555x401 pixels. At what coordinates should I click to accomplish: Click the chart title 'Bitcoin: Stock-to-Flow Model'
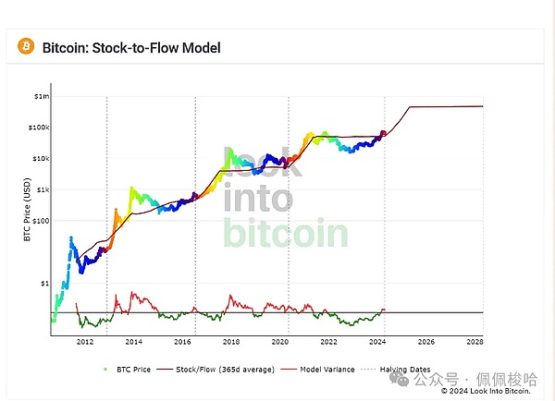tap(131, 47)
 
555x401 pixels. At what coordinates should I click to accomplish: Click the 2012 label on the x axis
tap(84, 342)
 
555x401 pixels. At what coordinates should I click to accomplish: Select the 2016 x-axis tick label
tap(182, 342)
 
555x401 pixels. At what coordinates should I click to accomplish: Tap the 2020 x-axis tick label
tap(279, 342)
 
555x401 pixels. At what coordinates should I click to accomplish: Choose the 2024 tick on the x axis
tap(377, 342)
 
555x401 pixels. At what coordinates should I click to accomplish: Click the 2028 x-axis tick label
tap(475, 342)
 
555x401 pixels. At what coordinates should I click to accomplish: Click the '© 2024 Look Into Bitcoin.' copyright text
tap(487, 391)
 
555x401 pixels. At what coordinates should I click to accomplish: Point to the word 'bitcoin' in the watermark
tap(285, 235)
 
